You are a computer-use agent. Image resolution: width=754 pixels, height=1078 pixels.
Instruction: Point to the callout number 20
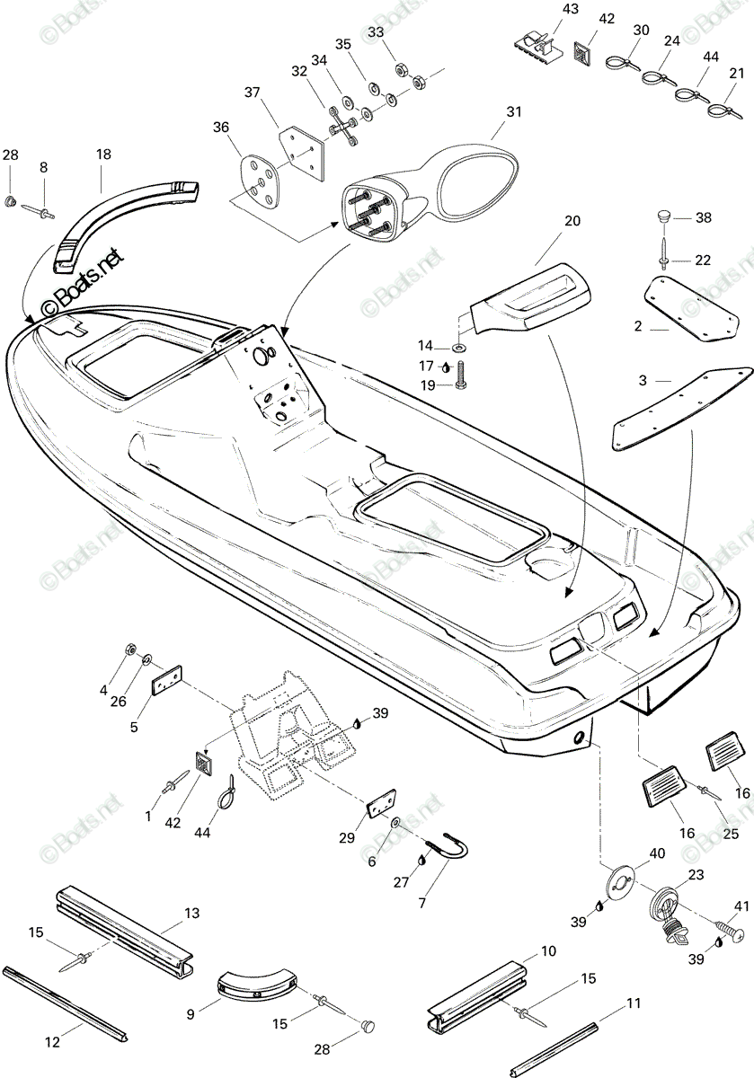(572, 221)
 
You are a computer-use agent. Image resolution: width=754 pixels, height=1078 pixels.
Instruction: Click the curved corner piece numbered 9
(256, 982)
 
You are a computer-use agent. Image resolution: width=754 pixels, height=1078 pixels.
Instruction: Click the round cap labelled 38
(664, 215)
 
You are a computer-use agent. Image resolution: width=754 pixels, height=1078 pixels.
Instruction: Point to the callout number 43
(570, 9)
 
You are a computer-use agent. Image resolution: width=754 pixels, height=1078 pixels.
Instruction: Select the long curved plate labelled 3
(682, 409)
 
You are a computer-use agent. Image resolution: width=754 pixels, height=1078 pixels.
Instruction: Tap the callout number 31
(514, 111)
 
